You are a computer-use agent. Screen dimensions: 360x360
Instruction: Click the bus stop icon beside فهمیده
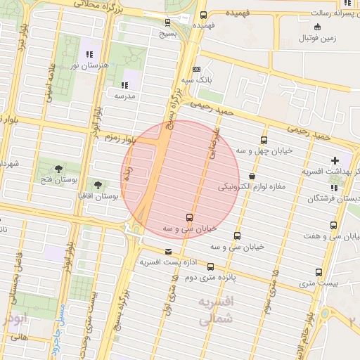pyautogui.click(x=203, y=15)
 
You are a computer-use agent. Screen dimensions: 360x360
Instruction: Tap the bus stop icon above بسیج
pyautogui.click(x=167, y=22)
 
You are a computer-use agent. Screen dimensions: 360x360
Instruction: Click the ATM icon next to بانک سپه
pyautogui.click(x=196, y=70)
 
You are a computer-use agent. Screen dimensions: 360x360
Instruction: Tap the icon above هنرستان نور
pyautogui.click(x=89, y=54)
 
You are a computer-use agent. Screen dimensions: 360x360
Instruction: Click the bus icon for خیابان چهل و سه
pyautogui.click(x=264, y=139)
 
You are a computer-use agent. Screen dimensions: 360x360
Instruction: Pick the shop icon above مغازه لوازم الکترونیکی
pyautogui.click(x=252, y=176)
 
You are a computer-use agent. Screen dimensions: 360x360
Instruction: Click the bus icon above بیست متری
pyautogui.click(x=319, y=272)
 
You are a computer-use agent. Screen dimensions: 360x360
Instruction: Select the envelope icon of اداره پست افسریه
pyautogui.click(x=168, y=252)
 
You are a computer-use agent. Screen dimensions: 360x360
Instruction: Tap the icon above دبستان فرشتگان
pyautogui.click(x=334, y=188)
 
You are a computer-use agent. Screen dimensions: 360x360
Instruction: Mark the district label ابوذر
pyautogui.click(x=13, y=317)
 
